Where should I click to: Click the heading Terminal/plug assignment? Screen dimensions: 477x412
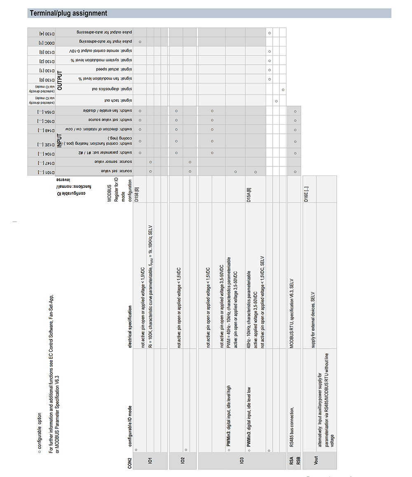click(68, 13)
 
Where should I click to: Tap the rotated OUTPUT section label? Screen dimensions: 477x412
click(60, 81)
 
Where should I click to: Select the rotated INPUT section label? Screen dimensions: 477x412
click(60, 140)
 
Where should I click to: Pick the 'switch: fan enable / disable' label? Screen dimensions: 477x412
click(106, 110)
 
